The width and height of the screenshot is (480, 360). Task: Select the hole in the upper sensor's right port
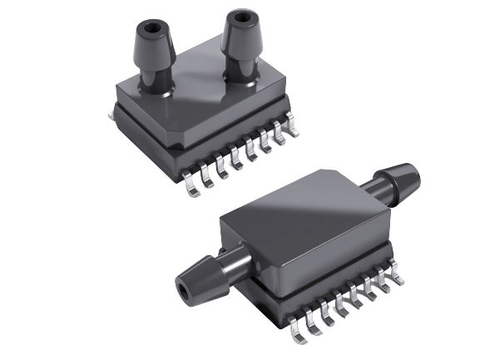pos(242,17)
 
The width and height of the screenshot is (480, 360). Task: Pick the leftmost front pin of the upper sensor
pos(191,188)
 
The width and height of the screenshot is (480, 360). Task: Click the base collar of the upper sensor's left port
pos(156,80)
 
